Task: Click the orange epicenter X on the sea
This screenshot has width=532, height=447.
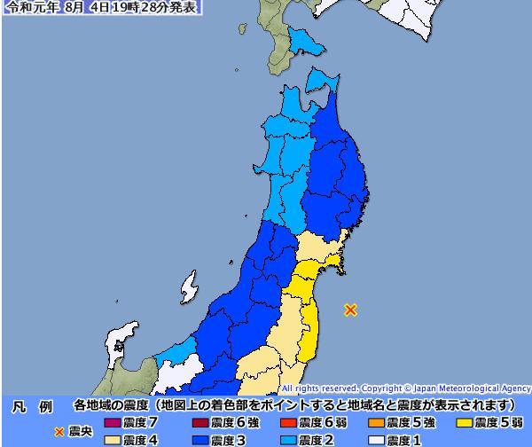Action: [351, 310]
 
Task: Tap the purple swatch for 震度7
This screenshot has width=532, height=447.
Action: [111, 422]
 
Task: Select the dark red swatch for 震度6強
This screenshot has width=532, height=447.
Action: [199, 422]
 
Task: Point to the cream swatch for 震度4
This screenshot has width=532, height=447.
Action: [111, 438]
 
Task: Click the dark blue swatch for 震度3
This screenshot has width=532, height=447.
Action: [199, 438]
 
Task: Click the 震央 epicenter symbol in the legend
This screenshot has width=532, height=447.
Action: [60, 432]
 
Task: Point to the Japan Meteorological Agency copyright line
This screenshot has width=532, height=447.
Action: [405, 388]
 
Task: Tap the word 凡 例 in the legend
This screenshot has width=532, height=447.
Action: [32, 406]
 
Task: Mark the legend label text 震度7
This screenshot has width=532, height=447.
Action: [141, 422]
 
